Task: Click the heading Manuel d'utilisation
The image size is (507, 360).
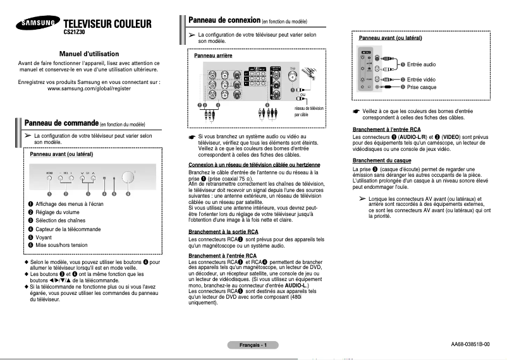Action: pyautogui.click(x=89, y=54)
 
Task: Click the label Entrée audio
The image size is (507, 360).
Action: pyautogui.click(x=421, y=64)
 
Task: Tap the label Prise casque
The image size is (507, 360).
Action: pyautogui.click(x=422, y=87)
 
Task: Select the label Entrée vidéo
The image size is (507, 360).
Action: pyautogui.click(x=421, y=79)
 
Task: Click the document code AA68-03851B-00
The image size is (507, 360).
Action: pyautogui.click(x=470, y=345)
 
